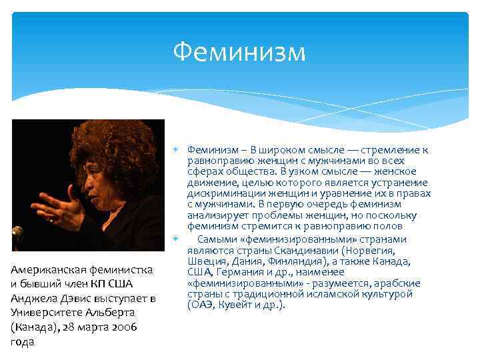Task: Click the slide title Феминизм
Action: pos(239,52)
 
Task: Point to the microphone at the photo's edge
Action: pos(17,234)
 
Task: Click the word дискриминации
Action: pos(224,194)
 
